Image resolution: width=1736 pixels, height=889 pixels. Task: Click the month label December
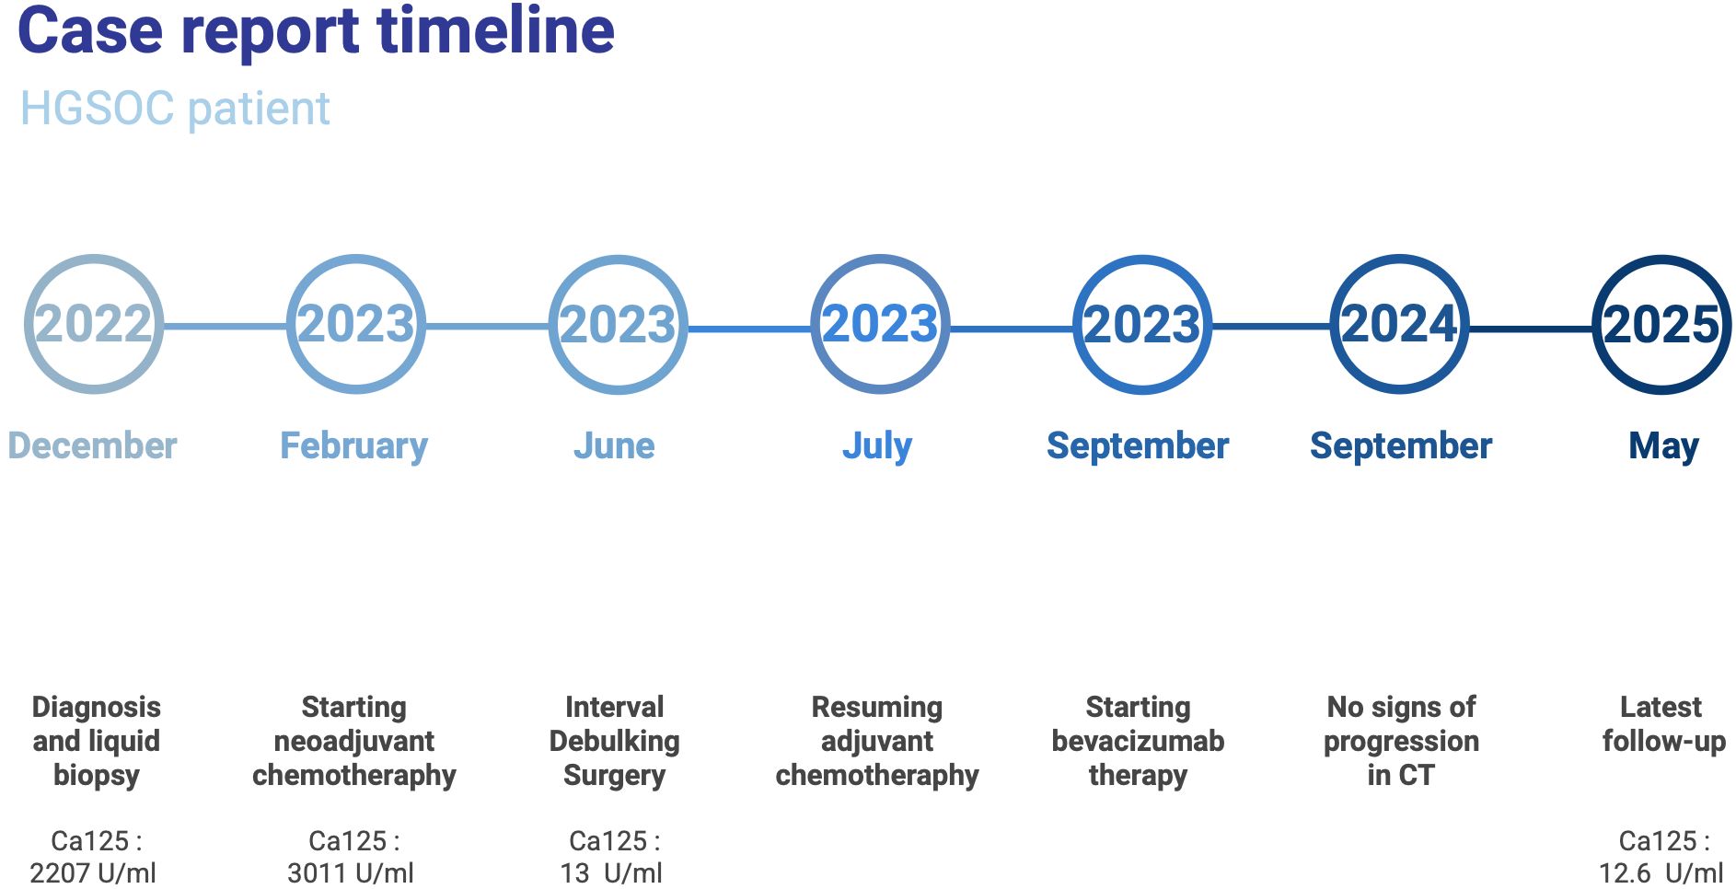[x=92, y=445]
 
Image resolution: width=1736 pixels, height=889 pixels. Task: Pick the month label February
[x=354, y=446]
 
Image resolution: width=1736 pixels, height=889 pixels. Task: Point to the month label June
[x=614, y=445]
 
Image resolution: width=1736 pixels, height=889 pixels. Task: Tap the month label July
[x=877, y=446]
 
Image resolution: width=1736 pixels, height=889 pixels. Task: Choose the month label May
[x=1663, y=446]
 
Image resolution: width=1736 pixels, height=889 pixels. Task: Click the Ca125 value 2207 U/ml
[x=93, y=872]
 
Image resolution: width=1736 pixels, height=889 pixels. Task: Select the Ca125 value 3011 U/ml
[x=351, y=872]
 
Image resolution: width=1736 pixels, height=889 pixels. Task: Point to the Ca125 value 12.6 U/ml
[x=1661, y=872]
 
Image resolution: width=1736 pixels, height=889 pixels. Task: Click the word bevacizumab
[x=1139, y=741]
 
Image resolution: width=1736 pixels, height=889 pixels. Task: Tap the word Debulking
[x=615, y=742]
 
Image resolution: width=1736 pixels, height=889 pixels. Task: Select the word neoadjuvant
[x=354, y=742]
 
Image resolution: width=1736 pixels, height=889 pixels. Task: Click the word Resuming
[x=877, y=708]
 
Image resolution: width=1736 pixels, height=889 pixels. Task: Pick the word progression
[x=1402, y=742]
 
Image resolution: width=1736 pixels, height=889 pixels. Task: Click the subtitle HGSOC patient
[x=175, y=109]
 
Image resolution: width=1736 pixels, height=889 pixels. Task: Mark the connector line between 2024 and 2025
[x=1532, y=328]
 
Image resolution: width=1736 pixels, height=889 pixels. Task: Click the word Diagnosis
[x=97, y=708]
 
